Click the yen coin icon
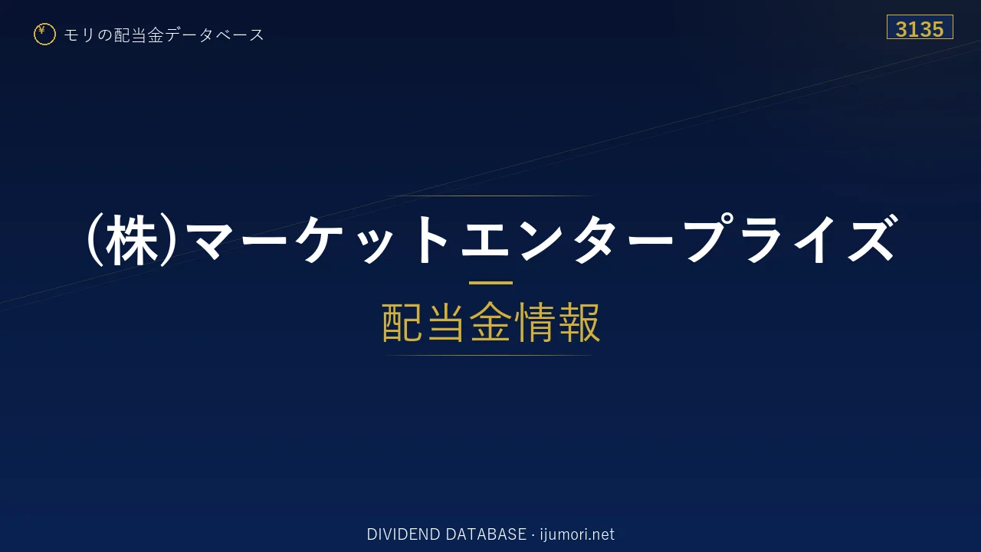[44, 34]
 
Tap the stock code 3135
[919, 29]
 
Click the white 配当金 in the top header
[139, 35]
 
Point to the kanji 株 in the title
[132, 240]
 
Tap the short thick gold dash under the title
[490, 283]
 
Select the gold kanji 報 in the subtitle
[579, 322]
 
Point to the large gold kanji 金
[490, 322]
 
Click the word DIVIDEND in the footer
[404, 534]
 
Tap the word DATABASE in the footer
[486, 534]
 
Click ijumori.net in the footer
[577, 534]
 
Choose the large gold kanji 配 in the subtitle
[402, 322]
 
